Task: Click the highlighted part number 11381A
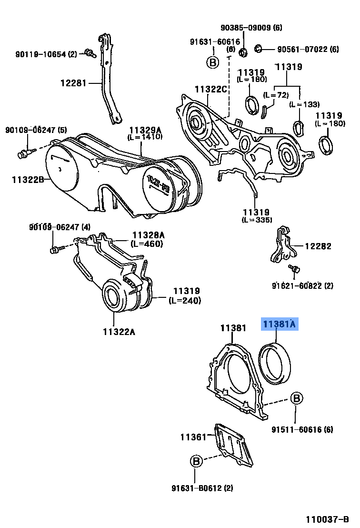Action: (x=279, y=325)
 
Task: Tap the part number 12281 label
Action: (x=73, y=83)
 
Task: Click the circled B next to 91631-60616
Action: (x=212, y=62)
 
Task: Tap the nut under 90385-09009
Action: (x=243, y=51)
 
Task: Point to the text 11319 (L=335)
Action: (x=257, y=215)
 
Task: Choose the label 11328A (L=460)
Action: (x=148, y=239)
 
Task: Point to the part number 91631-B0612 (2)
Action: (x=196, y=487)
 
